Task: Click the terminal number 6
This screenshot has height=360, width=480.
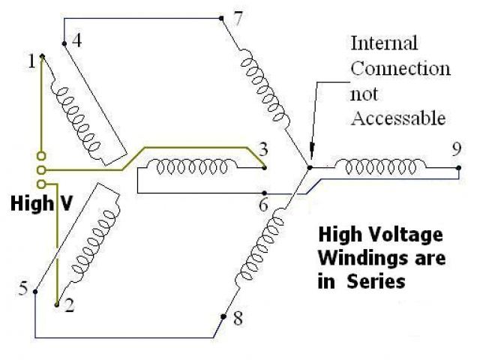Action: (x=262, y=205)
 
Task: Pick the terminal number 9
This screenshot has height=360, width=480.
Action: (x=457, y=148)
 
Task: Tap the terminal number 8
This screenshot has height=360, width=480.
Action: (x=238, y=319)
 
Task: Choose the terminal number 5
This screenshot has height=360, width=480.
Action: (x=23, y=289)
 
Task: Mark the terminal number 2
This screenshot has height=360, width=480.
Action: (x=69, y=305)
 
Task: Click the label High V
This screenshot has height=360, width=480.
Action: (x=37, y=203)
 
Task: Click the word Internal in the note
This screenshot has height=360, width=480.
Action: (x=385, y=43)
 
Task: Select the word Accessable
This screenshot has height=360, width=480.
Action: (x=399, y=118)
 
